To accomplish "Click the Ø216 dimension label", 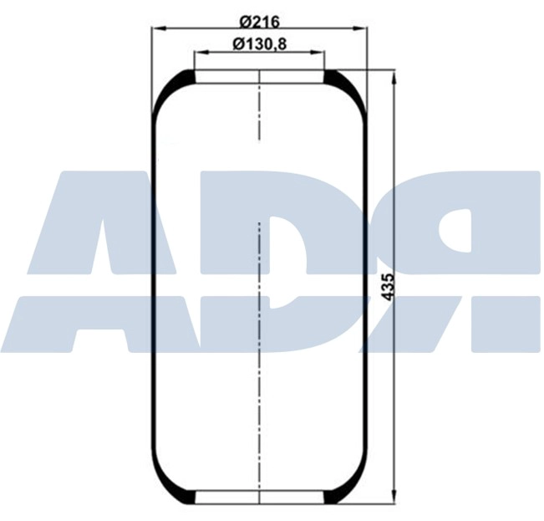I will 260,20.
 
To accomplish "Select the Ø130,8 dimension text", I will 260,44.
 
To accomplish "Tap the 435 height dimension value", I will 386,287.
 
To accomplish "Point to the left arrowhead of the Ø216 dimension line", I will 156,29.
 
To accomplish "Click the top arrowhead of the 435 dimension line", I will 394,76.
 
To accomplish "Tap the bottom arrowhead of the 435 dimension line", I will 394,500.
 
